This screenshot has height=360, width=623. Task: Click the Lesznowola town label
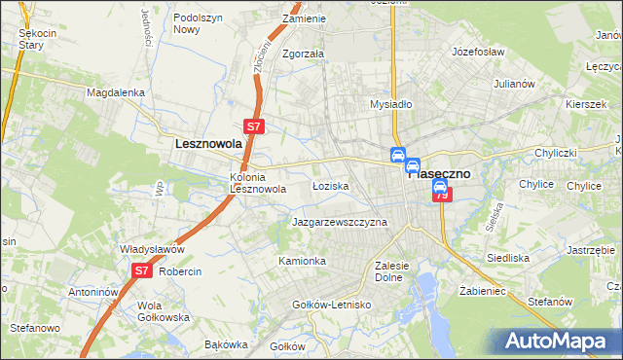(x=207, y=143)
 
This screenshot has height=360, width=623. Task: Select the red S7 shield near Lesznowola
(x=253, y=126)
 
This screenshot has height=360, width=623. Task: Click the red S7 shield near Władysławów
(x=141, y=271)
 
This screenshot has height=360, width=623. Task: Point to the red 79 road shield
(x=442, y=196)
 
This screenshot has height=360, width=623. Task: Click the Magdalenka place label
(x=115, y=92)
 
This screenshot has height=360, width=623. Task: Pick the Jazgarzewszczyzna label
(x=340, y=223)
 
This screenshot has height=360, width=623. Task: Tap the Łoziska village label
(x=329, y=185)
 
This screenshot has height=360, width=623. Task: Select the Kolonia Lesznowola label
(x=257, y=183)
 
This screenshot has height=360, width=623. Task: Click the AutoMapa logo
(x=558, y=341)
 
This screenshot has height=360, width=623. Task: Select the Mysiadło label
(x=392, y=104)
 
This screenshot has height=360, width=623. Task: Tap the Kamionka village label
(x=302, y=262)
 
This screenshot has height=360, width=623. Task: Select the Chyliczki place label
(x=556, y=154)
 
